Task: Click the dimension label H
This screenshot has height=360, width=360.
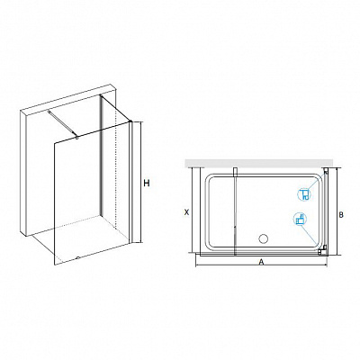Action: (146, 183)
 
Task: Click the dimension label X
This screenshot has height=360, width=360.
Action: (186, 212)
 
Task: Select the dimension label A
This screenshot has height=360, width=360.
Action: (261, 262)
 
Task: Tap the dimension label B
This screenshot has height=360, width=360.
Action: (341, 215)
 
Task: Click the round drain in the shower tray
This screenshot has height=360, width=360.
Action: (264, 238)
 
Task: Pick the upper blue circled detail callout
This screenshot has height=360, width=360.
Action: (304, 194)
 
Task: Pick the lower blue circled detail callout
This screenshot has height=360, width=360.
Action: (301, 219)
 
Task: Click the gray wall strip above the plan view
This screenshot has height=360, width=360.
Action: (260, 163)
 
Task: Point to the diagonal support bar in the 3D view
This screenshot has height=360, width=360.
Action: (62, 123)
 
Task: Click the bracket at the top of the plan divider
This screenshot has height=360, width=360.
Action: (236, 171)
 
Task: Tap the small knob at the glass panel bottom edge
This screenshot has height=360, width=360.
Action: (78, 257)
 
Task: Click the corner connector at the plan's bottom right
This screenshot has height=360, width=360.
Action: (322, 249)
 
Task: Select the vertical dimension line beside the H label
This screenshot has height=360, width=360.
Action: (139, 182)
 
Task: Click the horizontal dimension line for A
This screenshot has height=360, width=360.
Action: (261, 265)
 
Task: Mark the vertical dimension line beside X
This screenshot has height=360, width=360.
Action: (192, 210)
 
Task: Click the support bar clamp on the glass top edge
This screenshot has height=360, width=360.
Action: (76, 138)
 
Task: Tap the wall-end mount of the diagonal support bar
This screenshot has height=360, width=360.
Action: (49, 112)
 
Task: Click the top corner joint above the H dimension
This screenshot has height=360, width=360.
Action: (130, 121)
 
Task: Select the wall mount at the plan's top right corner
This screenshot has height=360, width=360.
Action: (326, 171)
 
